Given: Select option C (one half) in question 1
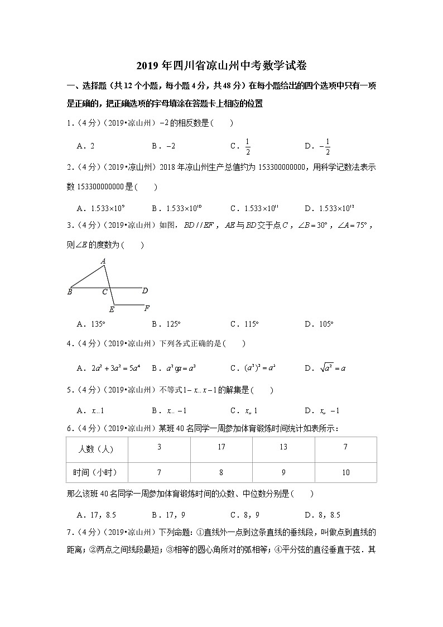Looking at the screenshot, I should pos(242,146).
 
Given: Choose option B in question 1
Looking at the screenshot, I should pos(163,146).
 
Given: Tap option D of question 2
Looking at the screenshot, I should pos(329,208).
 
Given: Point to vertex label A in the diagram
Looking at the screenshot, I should pos(103,261).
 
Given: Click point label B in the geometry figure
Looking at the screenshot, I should pos(70,291).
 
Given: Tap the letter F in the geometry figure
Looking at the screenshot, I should pos(146,308).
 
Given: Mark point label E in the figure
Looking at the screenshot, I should pos(112,309).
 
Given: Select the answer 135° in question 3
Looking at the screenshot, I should pos(92,324).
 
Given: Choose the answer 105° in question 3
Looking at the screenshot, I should pos(319,324).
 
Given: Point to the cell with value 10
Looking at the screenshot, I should pos(345,472).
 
